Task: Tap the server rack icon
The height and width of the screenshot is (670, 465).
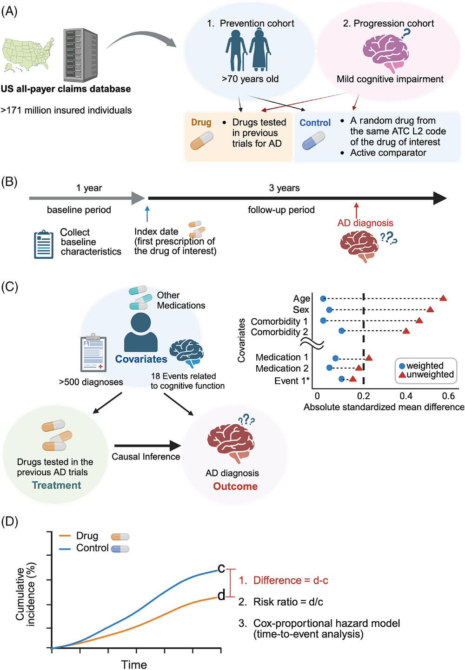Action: (80, 55)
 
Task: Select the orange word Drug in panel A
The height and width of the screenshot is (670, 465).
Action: (201, 122)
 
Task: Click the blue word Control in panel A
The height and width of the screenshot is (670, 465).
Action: (315, 123)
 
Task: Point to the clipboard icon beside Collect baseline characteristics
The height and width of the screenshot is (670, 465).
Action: (44, 244)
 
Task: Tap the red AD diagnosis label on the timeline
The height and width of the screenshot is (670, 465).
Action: (365, 223)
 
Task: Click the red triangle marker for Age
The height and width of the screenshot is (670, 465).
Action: (443, 298)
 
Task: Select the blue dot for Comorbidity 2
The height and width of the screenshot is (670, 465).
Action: (342, 331)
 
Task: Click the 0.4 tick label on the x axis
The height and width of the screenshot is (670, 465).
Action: (406, 396)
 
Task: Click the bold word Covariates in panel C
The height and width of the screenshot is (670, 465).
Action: (141, 359)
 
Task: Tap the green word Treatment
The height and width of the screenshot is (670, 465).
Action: (56, 486)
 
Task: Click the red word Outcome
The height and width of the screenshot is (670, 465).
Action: (235, 486)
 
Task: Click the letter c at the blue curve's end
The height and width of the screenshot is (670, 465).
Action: (221, 568)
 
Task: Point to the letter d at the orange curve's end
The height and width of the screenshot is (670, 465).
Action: (221, 595)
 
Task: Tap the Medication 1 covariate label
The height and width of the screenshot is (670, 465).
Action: (282, 357)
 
